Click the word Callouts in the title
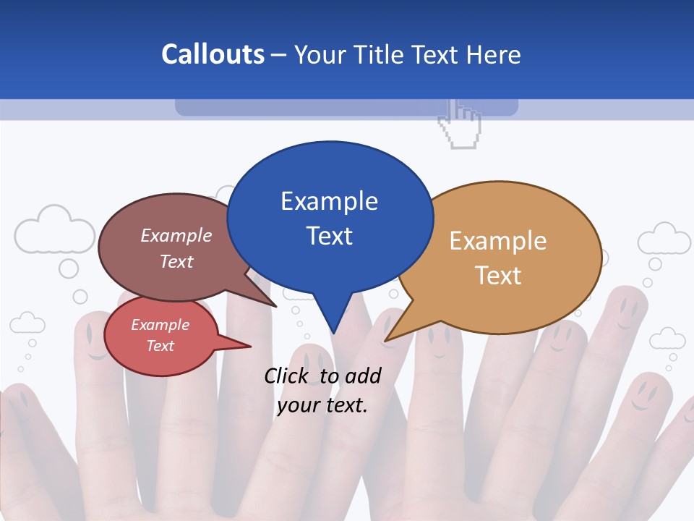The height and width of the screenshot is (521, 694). pyautogui.click(x=213, y=54)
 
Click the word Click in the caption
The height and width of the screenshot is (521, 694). pyautogui.click(x=287, y=376)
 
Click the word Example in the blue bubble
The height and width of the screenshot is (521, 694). pyautogui.click(x=329, y=200)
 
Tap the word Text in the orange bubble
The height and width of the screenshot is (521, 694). pyautogui.click(x=498, y=275)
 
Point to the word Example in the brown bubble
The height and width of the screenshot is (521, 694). pyautogui.click(x=176, y=235)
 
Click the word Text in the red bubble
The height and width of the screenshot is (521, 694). pyautogui.click(x=160, y=346)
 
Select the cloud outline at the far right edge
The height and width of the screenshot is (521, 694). pyautogui.click(x=664, y=239)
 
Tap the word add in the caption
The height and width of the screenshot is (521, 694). pyautogui.click(x=363, y=376)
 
